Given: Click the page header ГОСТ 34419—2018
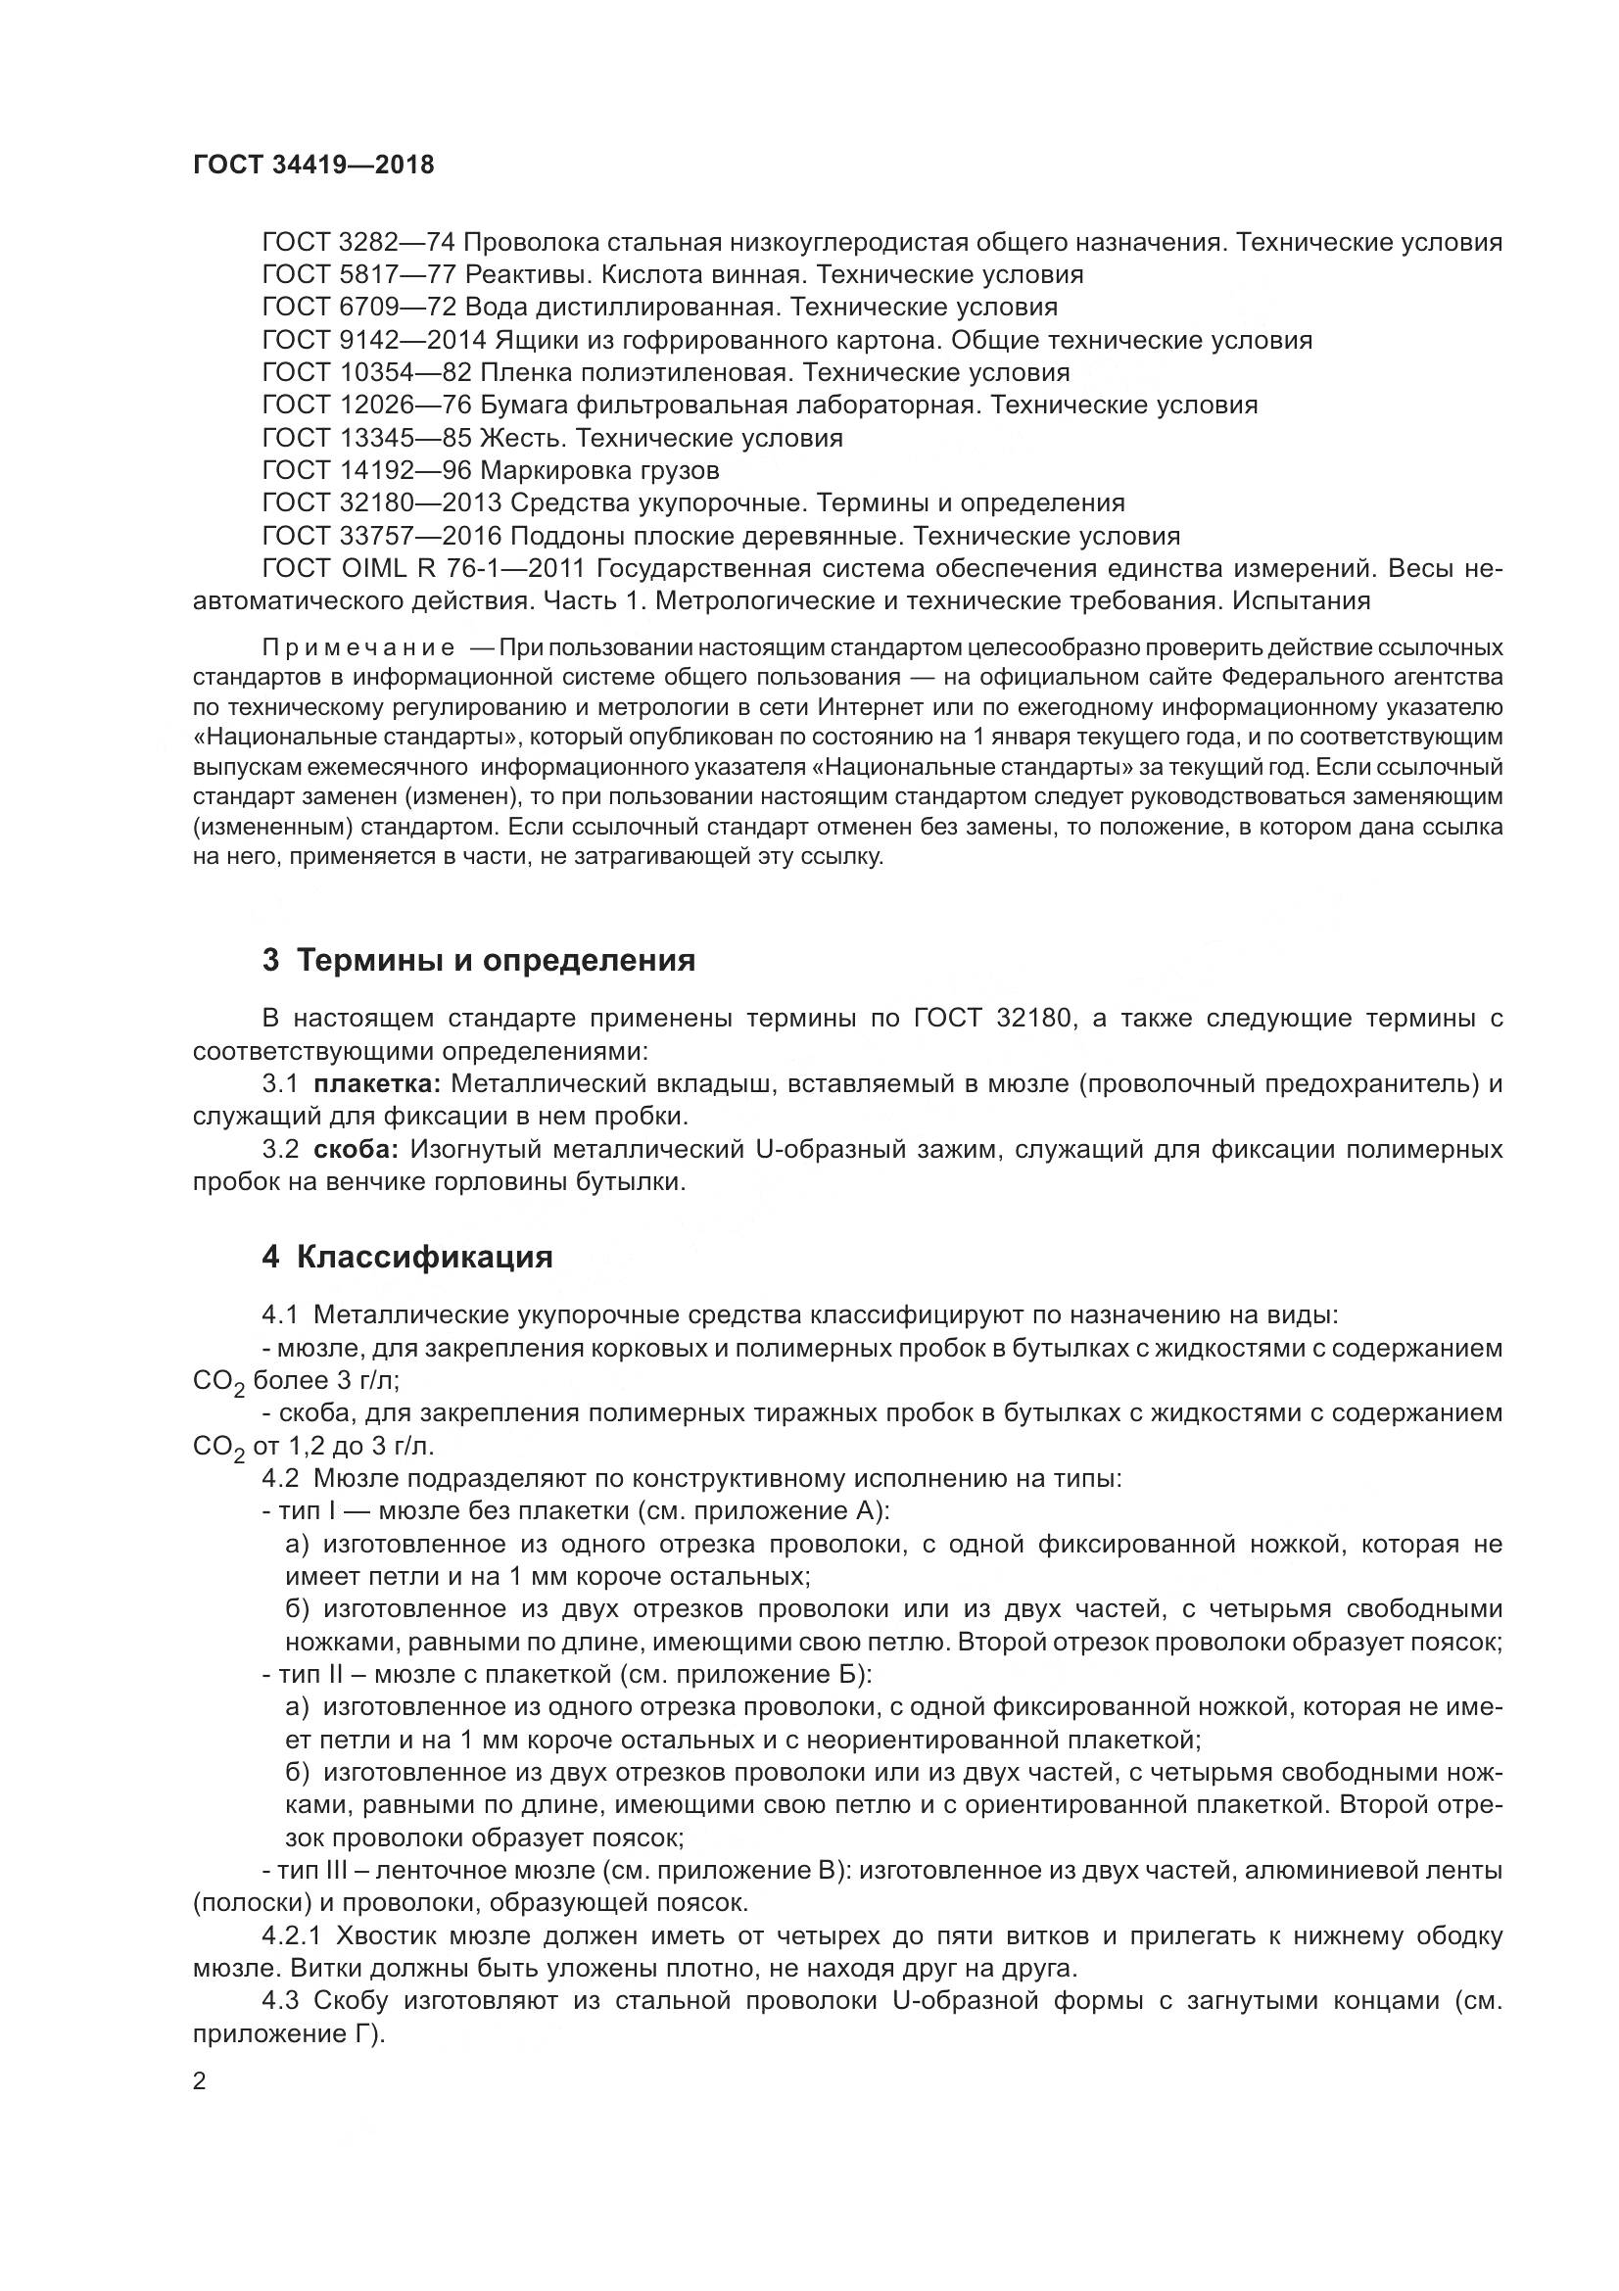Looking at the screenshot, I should (x=313, y=166).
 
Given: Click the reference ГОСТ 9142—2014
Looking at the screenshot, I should (x=373, y=340).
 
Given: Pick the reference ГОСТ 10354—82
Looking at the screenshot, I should (x=366, y=372).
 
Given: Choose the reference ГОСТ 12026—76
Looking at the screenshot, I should (x=366, y=406).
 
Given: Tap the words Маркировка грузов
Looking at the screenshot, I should (x=599, y=470).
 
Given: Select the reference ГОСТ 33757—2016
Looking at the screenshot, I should (x=381, y=536).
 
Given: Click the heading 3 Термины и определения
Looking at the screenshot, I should (x=478, y=961).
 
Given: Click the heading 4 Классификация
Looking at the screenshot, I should (x=407, y=1258).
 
